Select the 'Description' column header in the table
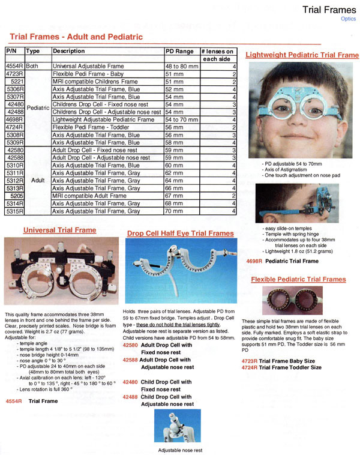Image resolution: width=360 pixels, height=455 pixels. point(69,52)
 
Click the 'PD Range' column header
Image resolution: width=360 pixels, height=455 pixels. point(179,52)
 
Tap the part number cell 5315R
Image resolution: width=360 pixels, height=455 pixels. point(14,211)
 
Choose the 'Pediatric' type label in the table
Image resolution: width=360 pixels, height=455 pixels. point(38,107)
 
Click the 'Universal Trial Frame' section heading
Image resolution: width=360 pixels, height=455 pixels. point(59,231)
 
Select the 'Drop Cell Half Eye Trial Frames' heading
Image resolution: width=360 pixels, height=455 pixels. point(180,234)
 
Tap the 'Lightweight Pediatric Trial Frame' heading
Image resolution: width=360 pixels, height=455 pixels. point(302,55)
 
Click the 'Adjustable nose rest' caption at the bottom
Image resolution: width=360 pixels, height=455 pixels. point(180,450)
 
